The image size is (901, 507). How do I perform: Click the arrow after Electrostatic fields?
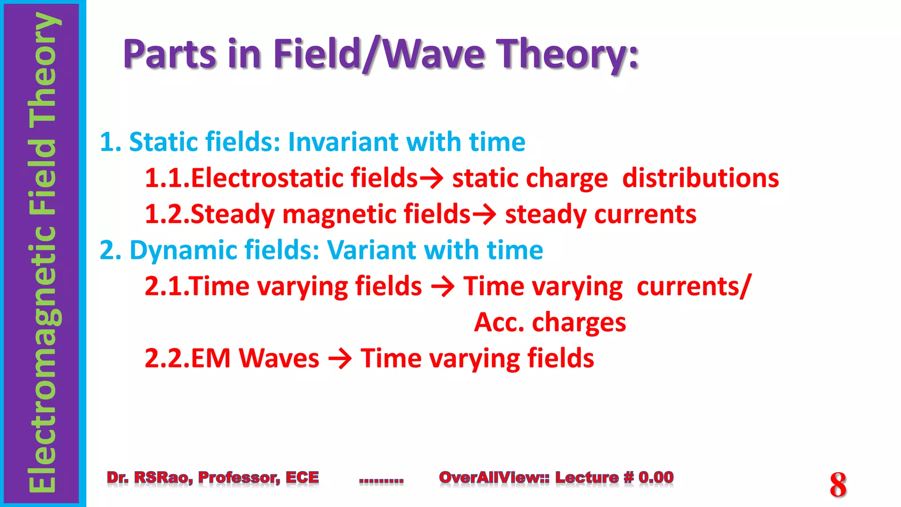[x=431, y=179]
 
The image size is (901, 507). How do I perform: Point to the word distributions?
[x=700, y=178]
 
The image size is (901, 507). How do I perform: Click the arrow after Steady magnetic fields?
[x=484, y=215]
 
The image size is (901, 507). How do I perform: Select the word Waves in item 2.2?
[x=279, y=359]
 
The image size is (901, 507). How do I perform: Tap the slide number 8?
[x=838, y=485]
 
